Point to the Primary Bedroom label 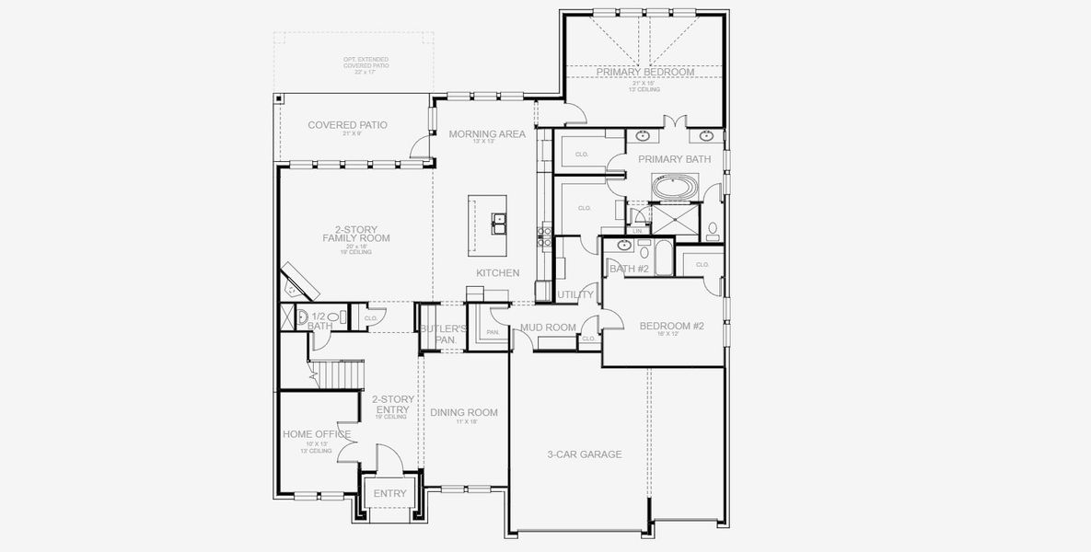click(x=644, y=72)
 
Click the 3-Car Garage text click(x=585, y=454)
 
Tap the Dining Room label click(x=464, y=412)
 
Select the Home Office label click(x=316, y=434)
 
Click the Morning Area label click(x=487, y=134)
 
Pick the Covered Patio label click(x=347, y=125)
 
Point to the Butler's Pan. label click(x=444, y=333)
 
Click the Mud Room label click(x=548, y=328)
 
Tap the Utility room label click(x=575, y=294)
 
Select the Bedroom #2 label click(x=671, y=326)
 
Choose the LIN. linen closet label click(x=636, y=231)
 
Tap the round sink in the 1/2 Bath click(x=304, y=317)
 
